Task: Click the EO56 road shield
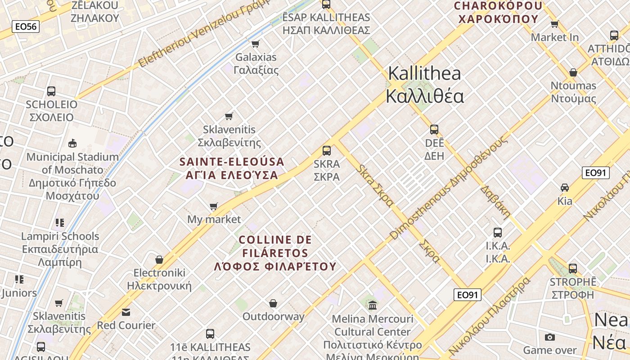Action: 25,27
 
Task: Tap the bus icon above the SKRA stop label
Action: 327,150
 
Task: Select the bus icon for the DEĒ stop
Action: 434,130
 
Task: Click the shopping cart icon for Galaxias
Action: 256,44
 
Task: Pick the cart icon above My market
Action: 214,207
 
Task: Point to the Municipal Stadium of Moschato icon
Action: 72,144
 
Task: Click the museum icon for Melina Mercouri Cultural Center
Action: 373,306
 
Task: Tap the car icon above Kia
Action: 565,187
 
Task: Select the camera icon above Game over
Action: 549,337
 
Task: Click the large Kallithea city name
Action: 424,85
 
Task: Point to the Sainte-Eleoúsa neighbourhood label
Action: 232,168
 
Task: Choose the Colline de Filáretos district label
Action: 275,253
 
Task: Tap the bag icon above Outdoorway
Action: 273,303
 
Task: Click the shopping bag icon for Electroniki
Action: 159,260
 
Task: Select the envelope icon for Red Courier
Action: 126,312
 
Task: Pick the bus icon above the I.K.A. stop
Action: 498,233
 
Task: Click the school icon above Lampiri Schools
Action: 60,223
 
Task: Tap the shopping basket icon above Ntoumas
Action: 573,72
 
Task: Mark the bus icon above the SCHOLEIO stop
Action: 51,91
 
